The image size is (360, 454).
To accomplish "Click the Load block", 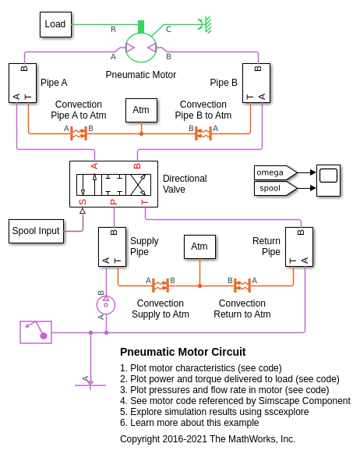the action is (55, 24).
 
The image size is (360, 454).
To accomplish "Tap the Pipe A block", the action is (23, 83).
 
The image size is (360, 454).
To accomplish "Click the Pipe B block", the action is (256, 83).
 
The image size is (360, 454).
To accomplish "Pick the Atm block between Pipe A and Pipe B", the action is (141, 110).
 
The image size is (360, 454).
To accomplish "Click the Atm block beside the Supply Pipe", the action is (199, 247).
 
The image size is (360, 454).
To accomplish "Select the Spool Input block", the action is (36, 231).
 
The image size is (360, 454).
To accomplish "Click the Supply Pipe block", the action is (112, 247).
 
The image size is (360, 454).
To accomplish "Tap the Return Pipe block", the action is (299, 247).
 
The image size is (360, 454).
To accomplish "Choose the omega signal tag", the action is (275, 172).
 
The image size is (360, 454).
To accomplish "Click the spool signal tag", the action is (275, 188).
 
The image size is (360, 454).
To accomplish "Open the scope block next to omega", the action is (328, 180).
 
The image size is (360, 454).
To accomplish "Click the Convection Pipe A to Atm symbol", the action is (79, 133).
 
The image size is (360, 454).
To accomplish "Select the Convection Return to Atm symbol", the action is (242, 286).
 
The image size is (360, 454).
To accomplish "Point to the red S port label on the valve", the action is (83, 202).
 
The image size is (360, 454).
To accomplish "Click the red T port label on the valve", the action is (145, 202).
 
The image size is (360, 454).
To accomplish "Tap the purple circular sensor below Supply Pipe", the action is (106, 304).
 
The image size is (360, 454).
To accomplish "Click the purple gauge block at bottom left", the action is (36, 332).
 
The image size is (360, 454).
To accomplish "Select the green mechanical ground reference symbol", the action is (205, 25).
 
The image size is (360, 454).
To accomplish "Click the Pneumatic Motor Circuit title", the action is (183, 352).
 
